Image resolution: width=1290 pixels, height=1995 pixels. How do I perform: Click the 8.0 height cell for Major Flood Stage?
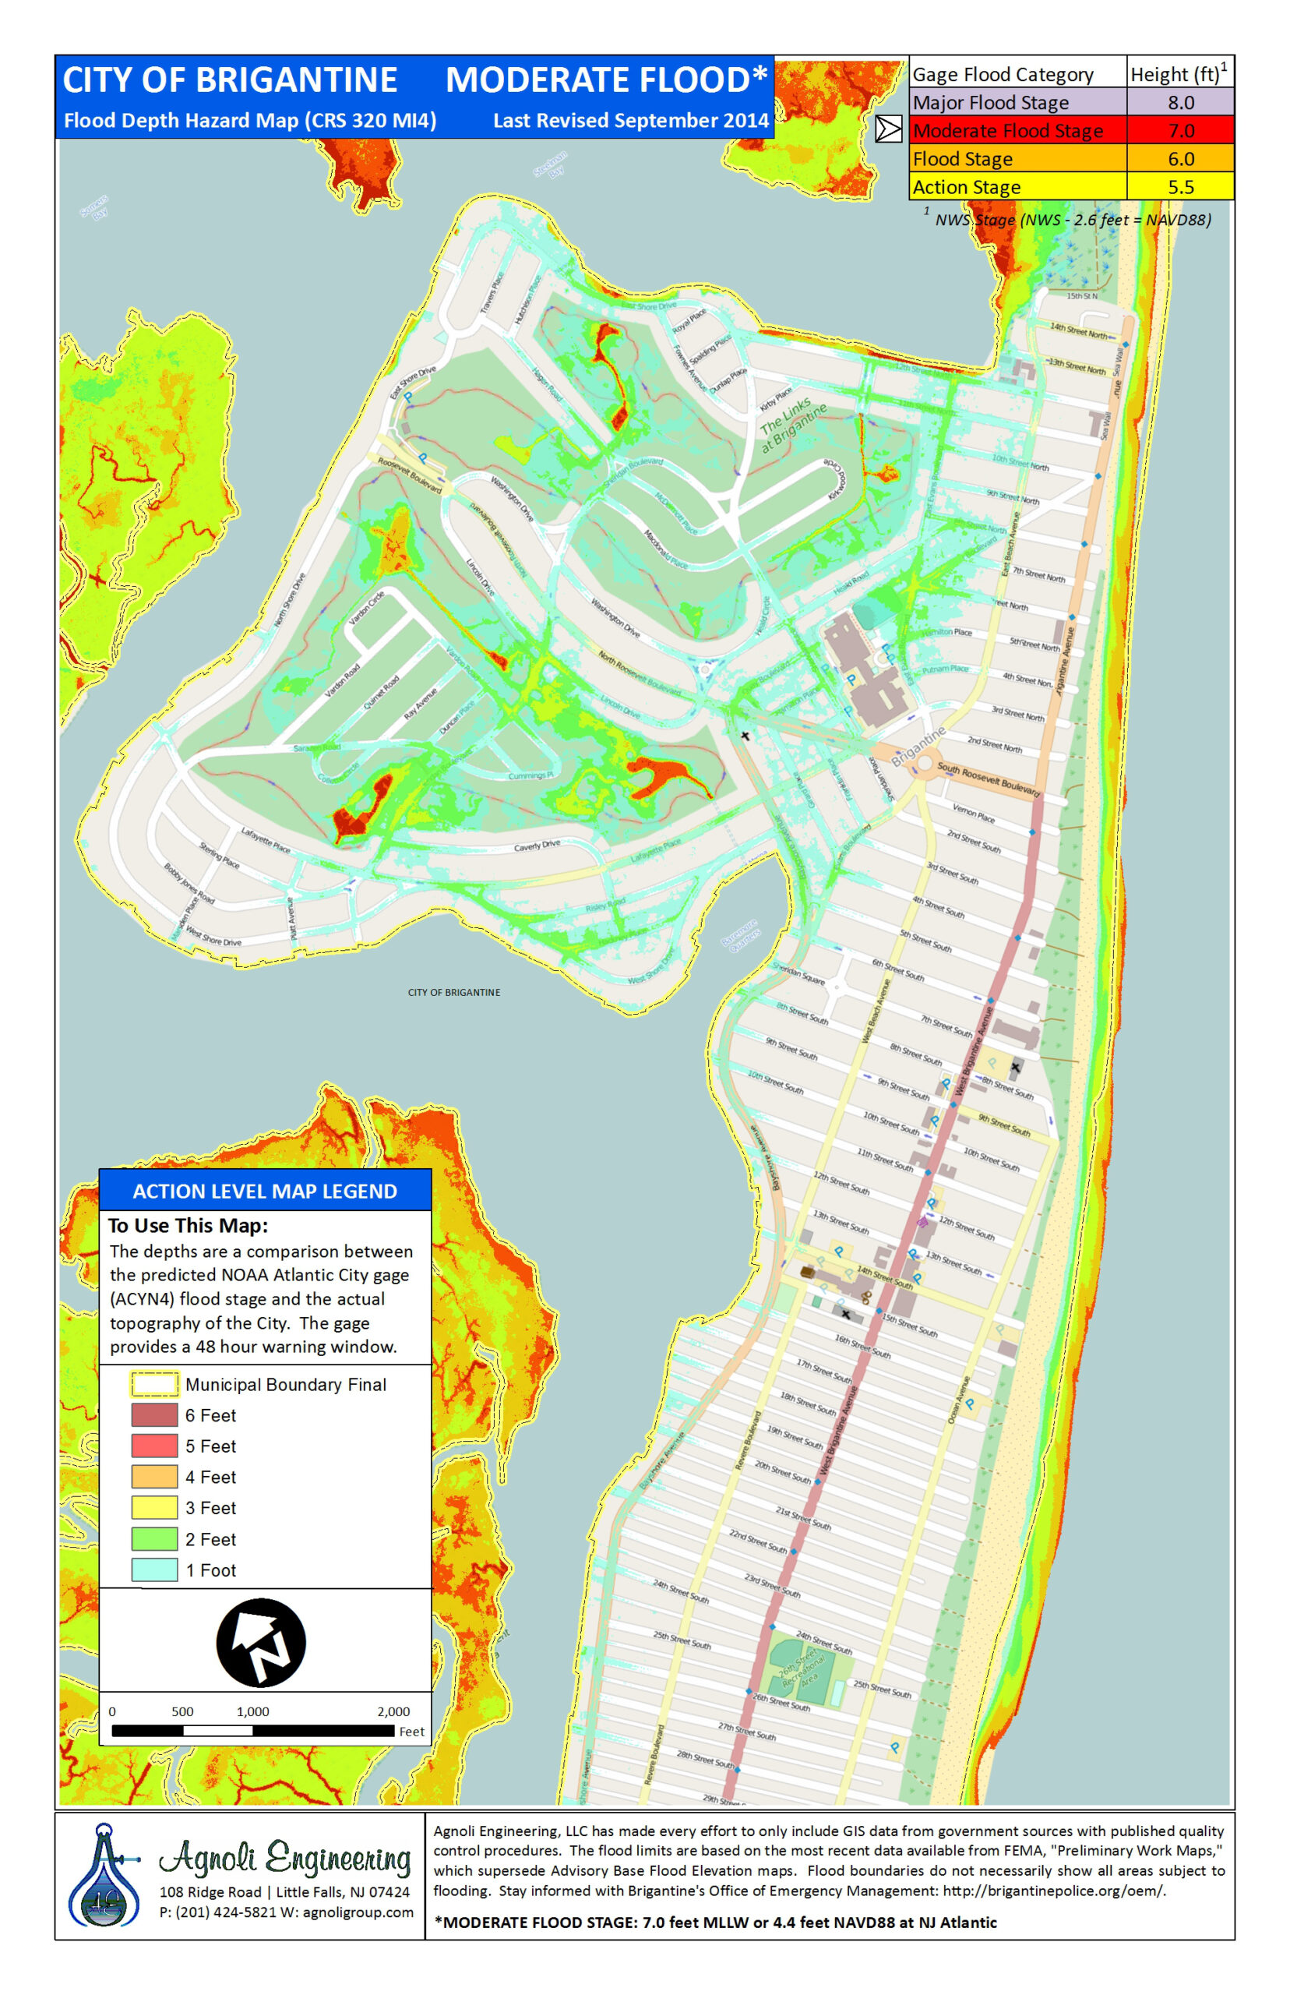coord(1179,102)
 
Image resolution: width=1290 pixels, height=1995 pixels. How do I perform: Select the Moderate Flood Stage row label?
coord(1007,131)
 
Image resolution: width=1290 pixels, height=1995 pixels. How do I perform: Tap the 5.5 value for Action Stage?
coord(1179,187)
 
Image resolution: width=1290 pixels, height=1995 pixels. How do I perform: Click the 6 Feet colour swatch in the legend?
coord(154,1415)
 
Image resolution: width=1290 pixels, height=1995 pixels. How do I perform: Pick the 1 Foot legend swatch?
coord(154,1570)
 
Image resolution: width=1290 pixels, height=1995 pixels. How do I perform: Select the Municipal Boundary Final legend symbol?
coord(154,1384)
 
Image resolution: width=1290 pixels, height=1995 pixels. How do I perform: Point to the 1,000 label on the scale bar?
coord(252,1712)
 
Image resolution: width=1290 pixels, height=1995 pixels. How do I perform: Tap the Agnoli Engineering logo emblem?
coord(104,1877)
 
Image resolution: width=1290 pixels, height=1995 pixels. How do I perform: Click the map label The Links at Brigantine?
coord(791,425)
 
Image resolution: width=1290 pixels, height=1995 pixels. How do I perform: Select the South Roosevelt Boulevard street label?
coord(988,779)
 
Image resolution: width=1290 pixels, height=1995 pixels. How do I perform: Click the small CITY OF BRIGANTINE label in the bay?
coord(453,992)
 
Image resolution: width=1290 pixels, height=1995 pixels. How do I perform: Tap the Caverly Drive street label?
coord(536,846)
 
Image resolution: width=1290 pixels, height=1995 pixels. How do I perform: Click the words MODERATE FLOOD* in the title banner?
coord(605,80)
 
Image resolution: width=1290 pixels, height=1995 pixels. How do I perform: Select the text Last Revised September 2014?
coord(630,121)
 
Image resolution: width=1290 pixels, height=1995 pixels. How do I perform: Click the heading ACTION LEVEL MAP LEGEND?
coord(265,1192)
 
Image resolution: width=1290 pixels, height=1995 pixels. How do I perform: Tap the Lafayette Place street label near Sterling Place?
coord(266,839)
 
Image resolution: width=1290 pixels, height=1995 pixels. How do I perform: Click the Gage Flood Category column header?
coord(1002,75)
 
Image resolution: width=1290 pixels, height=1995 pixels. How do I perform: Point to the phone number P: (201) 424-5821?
coord(219,1912)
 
